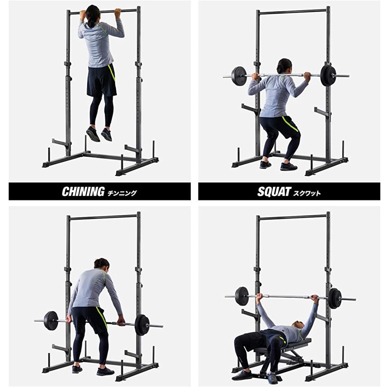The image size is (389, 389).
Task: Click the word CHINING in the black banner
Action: [x=83, y=191]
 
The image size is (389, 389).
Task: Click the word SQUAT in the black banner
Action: [x=274, y=191]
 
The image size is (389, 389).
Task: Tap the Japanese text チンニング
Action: [x=122, y=193]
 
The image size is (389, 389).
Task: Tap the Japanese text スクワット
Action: [x=307, y=193]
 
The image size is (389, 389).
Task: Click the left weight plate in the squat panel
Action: [x=239, y=76]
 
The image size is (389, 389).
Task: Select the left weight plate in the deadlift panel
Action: [x=52, y=321]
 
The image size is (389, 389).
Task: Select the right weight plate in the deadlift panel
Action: [x=142, y=325]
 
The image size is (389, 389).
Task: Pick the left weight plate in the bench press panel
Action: [x=242, y=296]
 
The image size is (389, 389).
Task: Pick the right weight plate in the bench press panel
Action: [x=335, y=298]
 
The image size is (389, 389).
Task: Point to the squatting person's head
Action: [x=284, y=66]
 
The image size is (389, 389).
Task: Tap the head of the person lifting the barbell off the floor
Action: [x=102, y=266]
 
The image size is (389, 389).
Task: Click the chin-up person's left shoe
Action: [x=93, y=134]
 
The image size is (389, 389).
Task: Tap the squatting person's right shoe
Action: [x=289, y=166]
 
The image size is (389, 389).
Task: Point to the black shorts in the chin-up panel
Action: [x=102, y=81]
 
